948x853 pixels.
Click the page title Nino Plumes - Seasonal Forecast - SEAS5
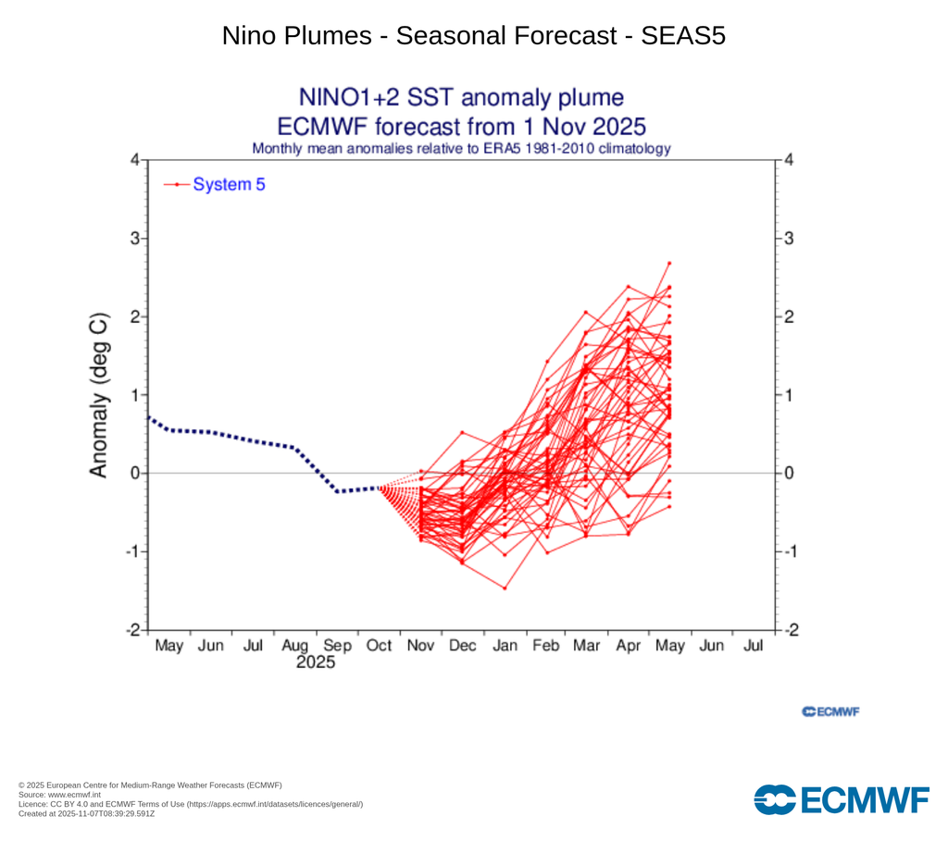point(474,36)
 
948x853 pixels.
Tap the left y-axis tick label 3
point(133,239)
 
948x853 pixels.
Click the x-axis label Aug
point(294,646)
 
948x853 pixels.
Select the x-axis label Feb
point(545,646)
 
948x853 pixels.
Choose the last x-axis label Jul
point(754,646)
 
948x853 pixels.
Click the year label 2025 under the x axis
point(315,662)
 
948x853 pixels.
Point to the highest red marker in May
point(669,264)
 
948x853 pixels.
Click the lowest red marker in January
point(505,588)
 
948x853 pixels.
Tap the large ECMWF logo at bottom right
point(841,799)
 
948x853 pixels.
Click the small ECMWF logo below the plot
point(830,711)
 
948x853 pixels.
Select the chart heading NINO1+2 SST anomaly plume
point(461,98)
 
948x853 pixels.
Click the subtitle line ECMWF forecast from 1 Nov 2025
point(461,126)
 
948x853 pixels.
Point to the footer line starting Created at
point(86,813)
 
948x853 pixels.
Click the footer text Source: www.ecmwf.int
point(60,795)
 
